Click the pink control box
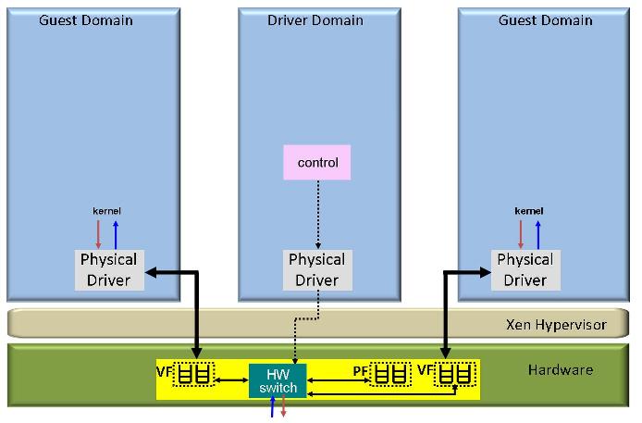[317, 162]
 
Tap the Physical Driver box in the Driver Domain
[316, 269]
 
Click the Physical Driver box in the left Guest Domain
[108, 269]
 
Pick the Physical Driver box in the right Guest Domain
[525, 269]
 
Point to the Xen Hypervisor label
[556, 324]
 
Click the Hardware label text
[560, 370]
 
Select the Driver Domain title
[316, 20]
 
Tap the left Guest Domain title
[86, 20]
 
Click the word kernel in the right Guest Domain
[528, 211]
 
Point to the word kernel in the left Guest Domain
[107, 211]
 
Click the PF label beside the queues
[361, 371]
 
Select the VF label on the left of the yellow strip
[164, 372]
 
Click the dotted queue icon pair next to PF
[389, 375]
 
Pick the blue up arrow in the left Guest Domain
[116, 234]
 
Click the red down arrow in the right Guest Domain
[520, 234]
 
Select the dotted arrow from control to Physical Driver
[317, 214]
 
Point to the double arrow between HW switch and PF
[338, 378]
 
